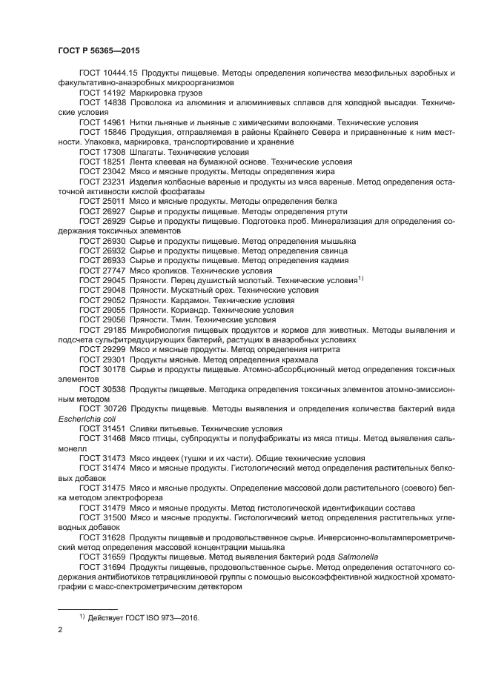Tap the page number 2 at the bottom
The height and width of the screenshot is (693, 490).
pyautogui.click(x=60, y=629)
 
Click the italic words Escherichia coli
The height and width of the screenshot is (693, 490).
pyautogui.click(x=85, y=418)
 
